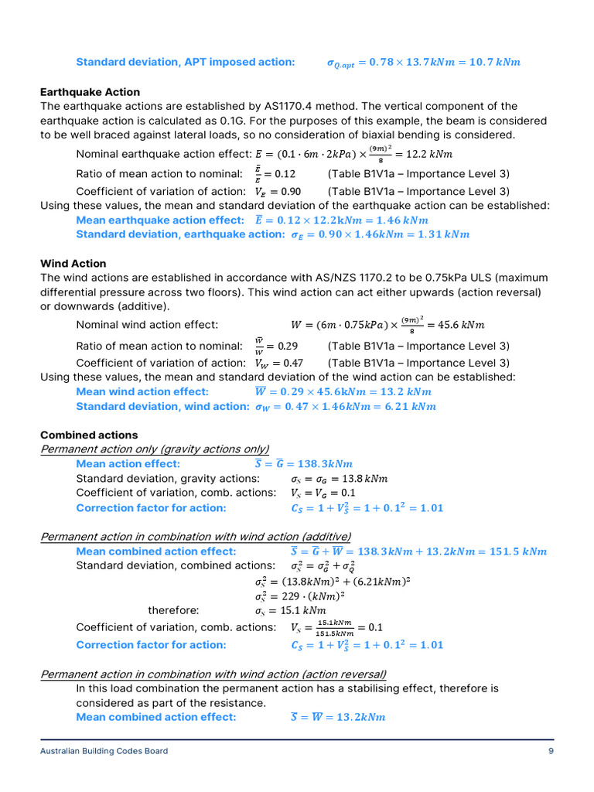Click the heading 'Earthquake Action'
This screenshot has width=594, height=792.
[90, 92]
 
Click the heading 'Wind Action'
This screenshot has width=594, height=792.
[73, 264]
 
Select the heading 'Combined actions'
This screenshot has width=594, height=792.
[89, 435]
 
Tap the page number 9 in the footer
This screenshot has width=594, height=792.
[551, 751]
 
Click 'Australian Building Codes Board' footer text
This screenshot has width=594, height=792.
[104, 751]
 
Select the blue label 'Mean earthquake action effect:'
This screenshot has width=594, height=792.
[160, 220]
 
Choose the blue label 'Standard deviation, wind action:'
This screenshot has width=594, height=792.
[162, 406]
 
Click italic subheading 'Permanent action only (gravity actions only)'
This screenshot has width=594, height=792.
[155, 449]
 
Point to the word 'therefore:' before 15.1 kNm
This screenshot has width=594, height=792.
[173, 610]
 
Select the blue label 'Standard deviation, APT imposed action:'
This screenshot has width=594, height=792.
[185, 62]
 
